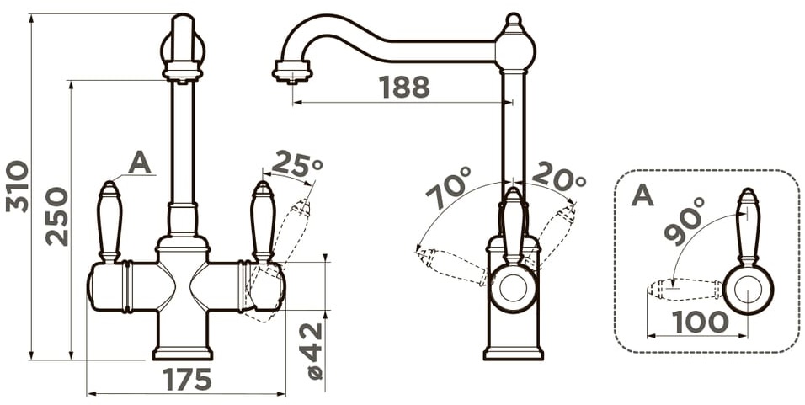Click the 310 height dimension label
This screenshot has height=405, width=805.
coord(17,186)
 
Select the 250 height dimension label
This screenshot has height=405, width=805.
coord(56,216)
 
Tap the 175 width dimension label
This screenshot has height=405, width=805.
coord(188,380)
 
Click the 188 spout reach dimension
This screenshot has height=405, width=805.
coord(404,88)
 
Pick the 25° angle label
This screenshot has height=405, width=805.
coord(297,164)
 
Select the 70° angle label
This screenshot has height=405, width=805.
coord(448,188)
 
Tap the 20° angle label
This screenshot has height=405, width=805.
coord(558,177)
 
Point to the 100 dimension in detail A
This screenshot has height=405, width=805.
coord(701,322)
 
